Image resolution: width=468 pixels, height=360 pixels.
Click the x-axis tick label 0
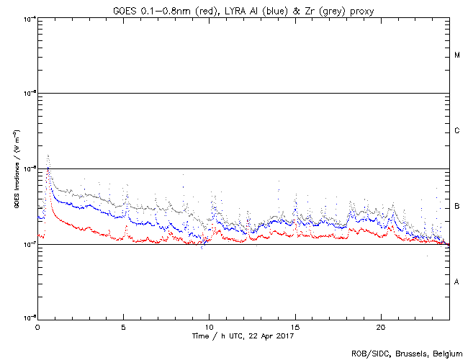37,326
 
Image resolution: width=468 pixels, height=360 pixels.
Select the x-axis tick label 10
209,326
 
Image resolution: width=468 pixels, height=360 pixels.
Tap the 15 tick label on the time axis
295,326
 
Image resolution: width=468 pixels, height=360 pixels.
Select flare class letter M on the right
457,55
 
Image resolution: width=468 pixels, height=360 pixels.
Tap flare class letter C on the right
457,131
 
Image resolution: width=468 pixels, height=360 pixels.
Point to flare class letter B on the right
457,207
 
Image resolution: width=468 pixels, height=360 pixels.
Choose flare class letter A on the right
457,282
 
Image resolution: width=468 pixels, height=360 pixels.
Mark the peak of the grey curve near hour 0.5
48,155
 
